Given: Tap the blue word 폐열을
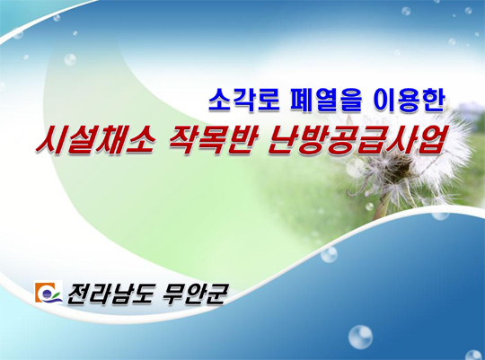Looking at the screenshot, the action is click(326, 101).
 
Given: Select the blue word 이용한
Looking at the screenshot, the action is click(409, 101).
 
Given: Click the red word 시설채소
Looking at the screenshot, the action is click(95, 141).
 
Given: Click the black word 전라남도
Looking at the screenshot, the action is click(110, 294).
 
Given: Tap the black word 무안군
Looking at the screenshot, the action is click(195, 294).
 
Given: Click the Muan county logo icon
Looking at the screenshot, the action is click(48, 293).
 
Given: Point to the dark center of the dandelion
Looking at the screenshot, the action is click(402, 164).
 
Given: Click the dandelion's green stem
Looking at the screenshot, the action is click(381, 206).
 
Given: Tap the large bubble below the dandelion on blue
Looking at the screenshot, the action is click(360, 338).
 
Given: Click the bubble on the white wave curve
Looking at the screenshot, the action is click(329, 255).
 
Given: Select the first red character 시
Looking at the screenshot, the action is click(51, 141).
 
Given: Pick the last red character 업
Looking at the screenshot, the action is click(426, 141).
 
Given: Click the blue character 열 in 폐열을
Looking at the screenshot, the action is click(326, 101).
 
